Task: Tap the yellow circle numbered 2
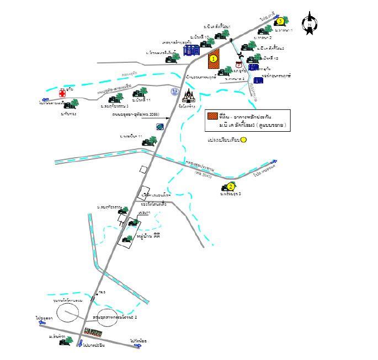pyautogui.click(x=231, y=186)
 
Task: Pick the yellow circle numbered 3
pyautogui.click(x=280, y=21)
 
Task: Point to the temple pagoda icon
pyautogui.click(x=189, y=96)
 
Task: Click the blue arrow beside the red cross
pyautogui.click(x=42, y=103)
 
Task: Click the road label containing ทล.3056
pyautogui.click(x=135, y=114)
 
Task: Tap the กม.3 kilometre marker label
pyautogui.click(x=101, y=292)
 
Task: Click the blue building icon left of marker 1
pyautogui.click(x=191, y=50)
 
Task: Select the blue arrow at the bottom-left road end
pyautogui.click(x=42, y=324)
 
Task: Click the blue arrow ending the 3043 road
pyautogui.click(x=273, y=162)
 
